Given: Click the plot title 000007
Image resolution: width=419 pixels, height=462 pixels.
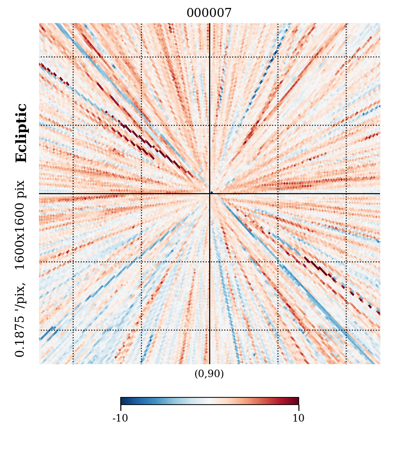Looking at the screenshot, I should pos(209,13).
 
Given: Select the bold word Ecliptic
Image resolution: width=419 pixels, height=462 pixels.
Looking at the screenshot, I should pos(21,133).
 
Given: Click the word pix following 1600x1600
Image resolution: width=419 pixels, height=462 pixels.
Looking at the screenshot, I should pos(20,189).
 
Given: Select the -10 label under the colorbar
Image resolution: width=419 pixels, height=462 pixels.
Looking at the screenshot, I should pos(120,418).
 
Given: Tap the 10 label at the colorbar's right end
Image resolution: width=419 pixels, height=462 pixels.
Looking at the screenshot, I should pos(298,418).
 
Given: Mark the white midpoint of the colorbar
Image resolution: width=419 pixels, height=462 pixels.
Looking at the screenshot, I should pos(209,401).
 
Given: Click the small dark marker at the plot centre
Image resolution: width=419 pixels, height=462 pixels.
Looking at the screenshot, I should pos(211,193).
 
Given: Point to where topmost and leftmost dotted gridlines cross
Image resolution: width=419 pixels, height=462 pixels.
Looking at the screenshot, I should pos(73,57).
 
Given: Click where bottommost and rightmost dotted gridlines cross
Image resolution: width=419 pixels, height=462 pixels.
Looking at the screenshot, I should pos(346,330).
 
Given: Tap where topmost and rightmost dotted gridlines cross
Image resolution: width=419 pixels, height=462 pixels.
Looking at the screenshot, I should pos(346,57).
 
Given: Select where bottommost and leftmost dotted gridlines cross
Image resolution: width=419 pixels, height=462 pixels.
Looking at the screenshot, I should pos(73,330).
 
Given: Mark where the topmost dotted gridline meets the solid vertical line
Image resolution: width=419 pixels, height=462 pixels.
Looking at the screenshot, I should pos(209,57).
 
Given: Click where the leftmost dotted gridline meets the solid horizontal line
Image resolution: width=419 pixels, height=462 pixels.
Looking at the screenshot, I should pos(73,193).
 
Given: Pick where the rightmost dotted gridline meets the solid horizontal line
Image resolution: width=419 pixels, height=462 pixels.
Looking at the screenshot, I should pos(346,193).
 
